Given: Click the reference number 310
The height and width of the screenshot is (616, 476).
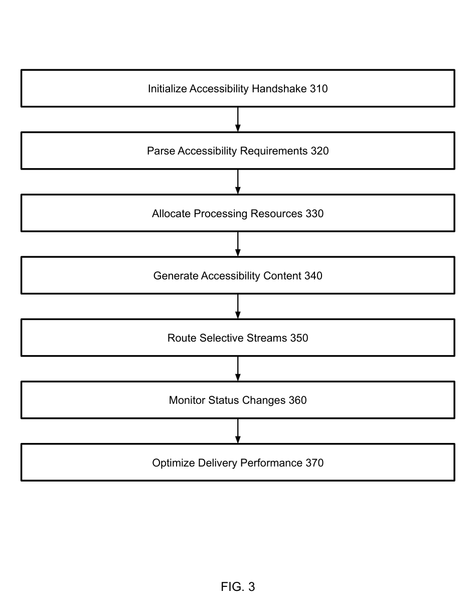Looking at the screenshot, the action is pos(319,89).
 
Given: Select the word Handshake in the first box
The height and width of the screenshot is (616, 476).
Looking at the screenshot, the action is pos(279,89).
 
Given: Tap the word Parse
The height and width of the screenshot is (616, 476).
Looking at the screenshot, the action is pos(161,151).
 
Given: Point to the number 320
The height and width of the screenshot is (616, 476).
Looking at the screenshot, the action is pos(320,151).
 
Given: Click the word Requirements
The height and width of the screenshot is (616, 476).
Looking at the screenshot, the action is pos(274,151).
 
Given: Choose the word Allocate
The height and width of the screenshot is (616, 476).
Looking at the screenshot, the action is pos(171,214).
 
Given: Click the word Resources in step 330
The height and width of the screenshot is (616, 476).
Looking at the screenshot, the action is pos(276,214).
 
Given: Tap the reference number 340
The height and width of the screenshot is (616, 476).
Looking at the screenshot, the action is pos(313,276).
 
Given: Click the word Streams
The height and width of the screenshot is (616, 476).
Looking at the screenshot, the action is pos(267,338).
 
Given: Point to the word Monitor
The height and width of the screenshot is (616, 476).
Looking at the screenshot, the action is pos(187,400).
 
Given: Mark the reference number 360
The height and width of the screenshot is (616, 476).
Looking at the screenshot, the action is pos(297,400).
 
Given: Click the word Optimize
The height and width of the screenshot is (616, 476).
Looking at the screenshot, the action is pos(174,463).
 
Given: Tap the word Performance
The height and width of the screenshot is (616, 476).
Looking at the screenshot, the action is pos(271,463).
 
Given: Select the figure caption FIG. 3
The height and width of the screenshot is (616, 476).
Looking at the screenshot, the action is pos(238,587).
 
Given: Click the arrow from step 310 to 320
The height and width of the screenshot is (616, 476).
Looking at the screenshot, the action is pos(238,119).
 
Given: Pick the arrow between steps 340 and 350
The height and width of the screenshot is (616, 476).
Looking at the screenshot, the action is pos(238,306).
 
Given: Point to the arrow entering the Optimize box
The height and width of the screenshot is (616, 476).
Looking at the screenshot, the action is pos(238,431).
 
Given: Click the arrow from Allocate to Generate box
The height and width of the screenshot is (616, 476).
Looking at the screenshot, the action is pos(238,244).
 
